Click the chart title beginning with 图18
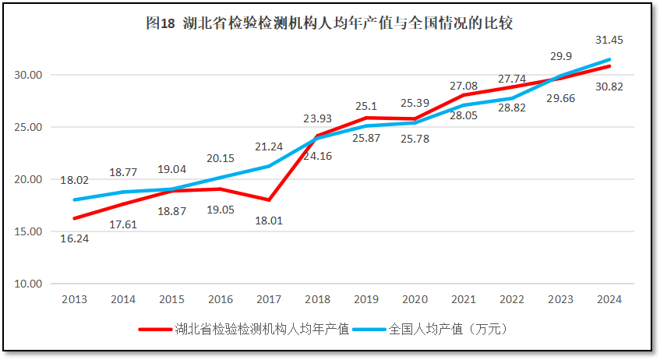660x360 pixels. [x=329, y=23]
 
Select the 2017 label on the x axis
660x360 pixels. [x=269, y=299]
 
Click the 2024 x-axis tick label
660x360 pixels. [x=609, y=299]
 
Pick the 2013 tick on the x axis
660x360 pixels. [x=74, y=299]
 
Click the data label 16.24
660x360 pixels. [x=74, y=238]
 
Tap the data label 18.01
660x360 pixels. [x=269, y=221]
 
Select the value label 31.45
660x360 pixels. [x=609, y=40]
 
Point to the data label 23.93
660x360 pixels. [x=318, y=119]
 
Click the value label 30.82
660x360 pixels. [x=609, y=86]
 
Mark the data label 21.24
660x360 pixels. [x=269, y=147]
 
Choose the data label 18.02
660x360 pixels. [x=74, y=180]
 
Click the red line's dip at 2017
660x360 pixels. [x=269, y=200]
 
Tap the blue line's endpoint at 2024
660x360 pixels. [x=609, y=59]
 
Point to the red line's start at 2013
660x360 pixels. [x=74, y=218]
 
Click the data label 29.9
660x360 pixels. [x=560, y=56]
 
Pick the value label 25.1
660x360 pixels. [x=366, y=105]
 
